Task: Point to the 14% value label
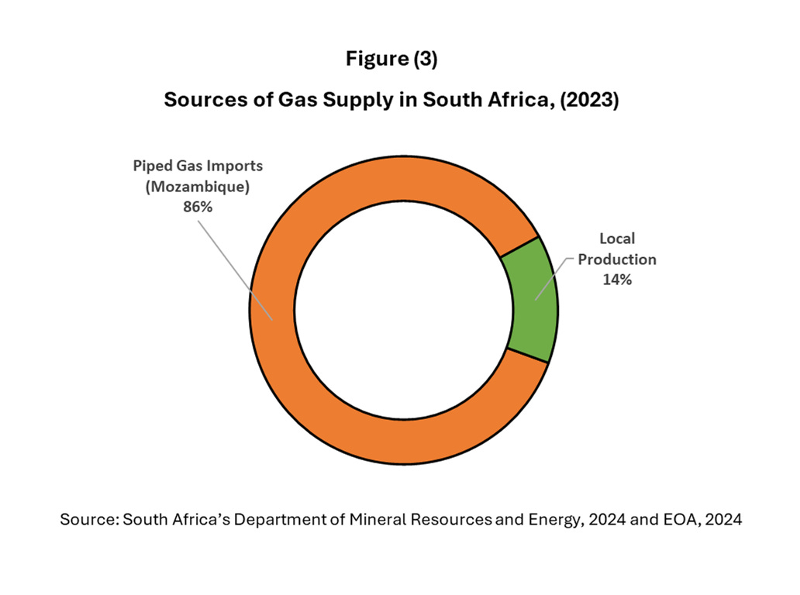tap(617, 280)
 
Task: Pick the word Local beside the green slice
tap(617, 239)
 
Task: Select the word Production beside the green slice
tap(617, 260)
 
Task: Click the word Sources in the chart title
tap(198, 101)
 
